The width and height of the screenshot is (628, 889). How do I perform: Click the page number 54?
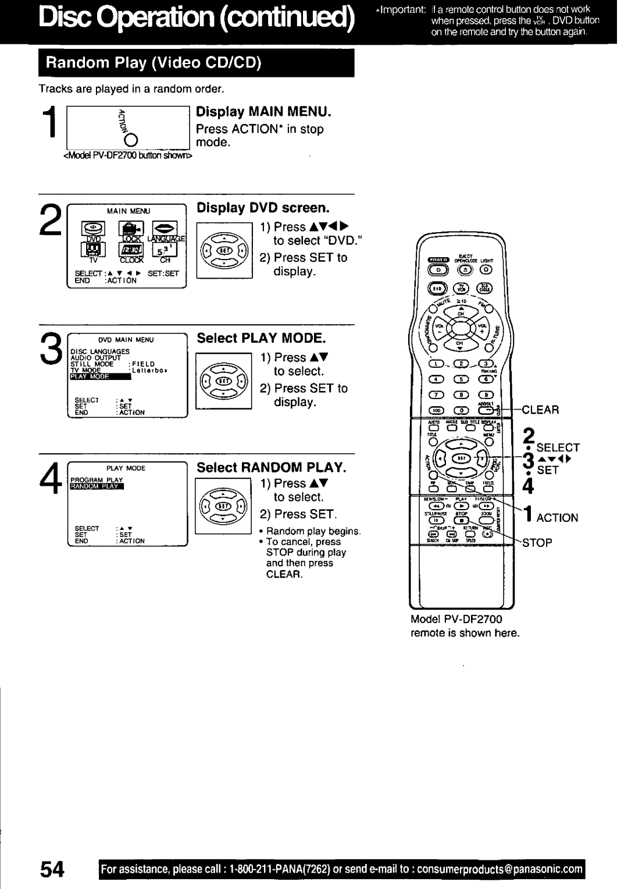[52, 869]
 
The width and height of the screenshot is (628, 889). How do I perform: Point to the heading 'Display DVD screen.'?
[263, 208]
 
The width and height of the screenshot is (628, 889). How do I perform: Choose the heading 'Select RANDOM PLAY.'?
[271, 468]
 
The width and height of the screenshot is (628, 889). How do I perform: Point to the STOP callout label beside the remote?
[537, 543]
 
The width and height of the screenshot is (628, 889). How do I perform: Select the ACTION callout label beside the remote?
[557, 518]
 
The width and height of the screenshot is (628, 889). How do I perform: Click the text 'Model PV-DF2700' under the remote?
[456, 619]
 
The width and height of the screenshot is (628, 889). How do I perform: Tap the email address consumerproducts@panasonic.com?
[500, 869]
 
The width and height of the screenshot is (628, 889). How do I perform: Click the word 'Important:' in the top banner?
[398, 9]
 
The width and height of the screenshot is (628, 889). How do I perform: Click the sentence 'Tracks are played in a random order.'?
[131, 88]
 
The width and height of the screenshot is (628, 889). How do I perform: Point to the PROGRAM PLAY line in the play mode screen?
[97, 480]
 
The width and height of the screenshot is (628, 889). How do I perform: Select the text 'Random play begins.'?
[314, 531]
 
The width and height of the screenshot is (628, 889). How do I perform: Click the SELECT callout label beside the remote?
[558, 447]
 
